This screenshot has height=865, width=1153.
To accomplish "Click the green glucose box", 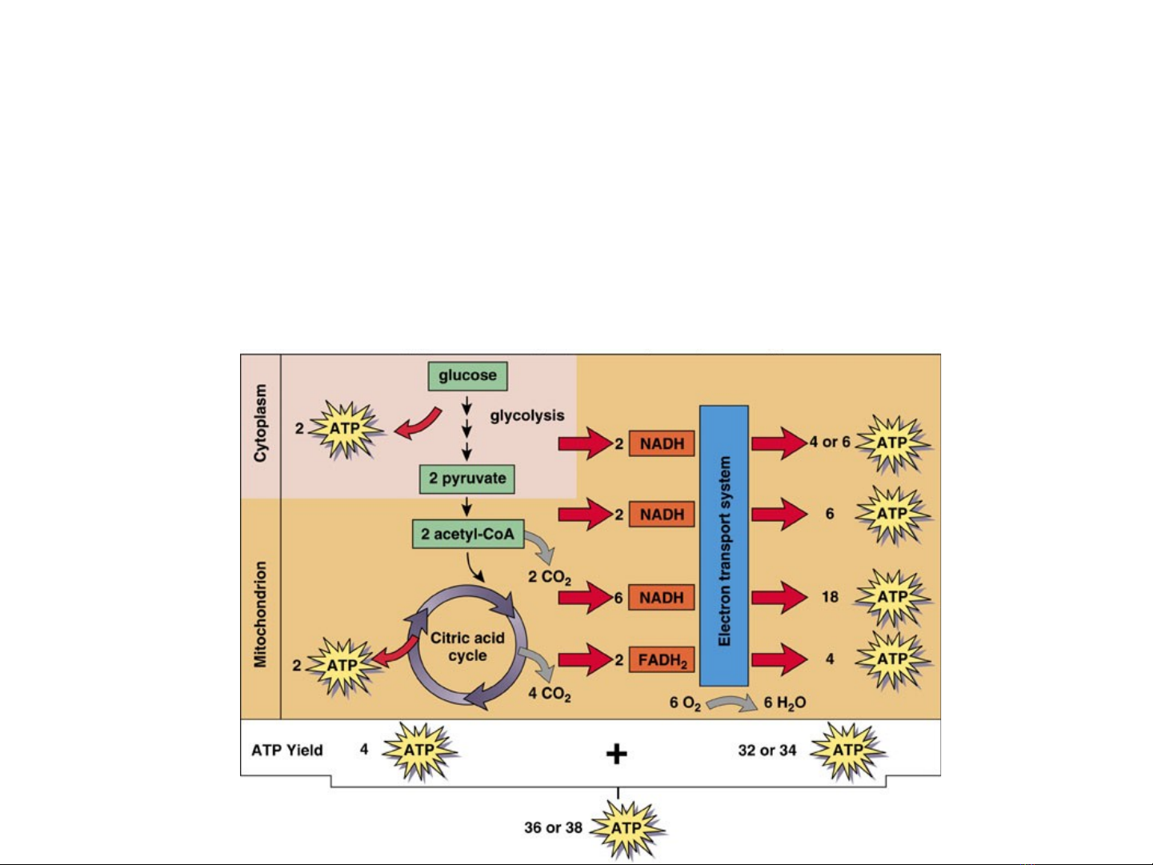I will tap(467, 375).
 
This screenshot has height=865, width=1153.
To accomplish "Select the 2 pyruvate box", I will tap(467, 479).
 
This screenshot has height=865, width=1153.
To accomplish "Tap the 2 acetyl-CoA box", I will tap(468, 534).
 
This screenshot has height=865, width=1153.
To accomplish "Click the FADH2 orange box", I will tap(662, 660).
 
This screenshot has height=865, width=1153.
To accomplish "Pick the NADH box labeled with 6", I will tap(662, 598).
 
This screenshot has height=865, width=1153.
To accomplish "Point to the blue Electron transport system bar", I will tap(724, 546).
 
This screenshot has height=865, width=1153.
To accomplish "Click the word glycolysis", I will tap(527, 415).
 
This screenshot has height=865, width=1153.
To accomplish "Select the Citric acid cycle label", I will tap(467, 647).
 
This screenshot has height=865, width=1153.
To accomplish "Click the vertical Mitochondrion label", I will tap(260, 614).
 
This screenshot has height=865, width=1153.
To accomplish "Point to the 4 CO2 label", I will tap(550, 694).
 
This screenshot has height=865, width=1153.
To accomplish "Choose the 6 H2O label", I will tap(784, 703).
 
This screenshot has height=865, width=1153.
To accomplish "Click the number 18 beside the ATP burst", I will tap(830, 597).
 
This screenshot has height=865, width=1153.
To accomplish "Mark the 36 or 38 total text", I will tap(553, 827).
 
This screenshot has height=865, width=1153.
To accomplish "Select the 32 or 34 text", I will tap(767, 751).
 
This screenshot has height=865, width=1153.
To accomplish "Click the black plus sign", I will tap(616, 753).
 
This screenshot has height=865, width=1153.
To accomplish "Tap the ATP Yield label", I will tap(287, 751).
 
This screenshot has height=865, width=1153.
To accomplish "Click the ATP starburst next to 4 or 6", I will tap(892, 443).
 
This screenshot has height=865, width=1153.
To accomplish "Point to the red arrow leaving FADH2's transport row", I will tap(779, 659).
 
